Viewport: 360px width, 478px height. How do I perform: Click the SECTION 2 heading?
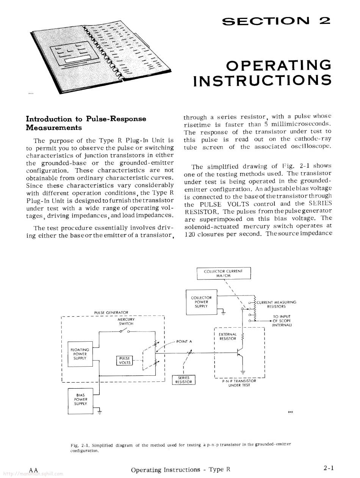coord(276,21)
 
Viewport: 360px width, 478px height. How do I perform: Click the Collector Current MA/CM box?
coord(224,273)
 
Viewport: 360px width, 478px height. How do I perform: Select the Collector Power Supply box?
coord(201,302)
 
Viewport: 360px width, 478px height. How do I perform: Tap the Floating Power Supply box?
coord(80,354)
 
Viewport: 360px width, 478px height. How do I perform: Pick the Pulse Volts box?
coord(125,360)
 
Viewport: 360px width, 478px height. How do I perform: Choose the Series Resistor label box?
coord(183,380)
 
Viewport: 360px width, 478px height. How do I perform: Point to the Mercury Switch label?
coord(126,322)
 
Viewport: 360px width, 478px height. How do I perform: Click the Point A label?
coord(184,341)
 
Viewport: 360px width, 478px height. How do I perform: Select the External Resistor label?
coord(228,336)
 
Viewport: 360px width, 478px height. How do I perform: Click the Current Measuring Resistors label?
coord(276,304)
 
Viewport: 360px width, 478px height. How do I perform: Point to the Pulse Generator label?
coord(111,312)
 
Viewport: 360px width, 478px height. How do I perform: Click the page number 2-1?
coord(328,468)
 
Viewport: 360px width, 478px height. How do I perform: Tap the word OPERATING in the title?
coord(278,65)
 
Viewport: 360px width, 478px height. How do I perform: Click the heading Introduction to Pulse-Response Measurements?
coord(86,123)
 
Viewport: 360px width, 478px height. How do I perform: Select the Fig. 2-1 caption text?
coord(181,447)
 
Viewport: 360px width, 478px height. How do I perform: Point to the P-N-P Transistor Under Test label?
coord(239,383)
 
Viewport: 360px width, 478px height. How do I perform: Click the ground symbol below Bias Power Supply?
coord(99,412)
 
